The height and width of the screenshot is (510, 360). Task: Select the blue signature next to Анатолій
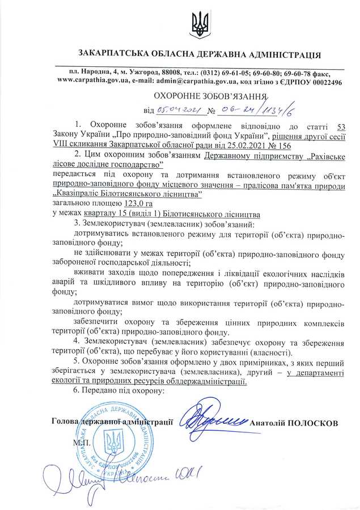click(x=212, y=419)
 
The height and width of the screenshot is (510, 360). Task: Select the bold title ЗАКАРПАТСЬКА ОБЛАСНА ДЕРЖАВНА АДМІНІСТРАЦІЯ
click(x=200, y=55)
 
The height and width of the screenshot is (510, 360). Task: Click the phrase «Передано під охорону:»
click(x=118, y=391)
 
